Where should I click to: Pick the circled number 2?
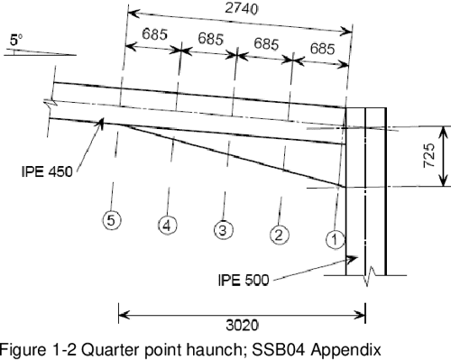click(280, 235)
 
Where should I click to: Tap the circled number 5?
click(111, 220)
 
